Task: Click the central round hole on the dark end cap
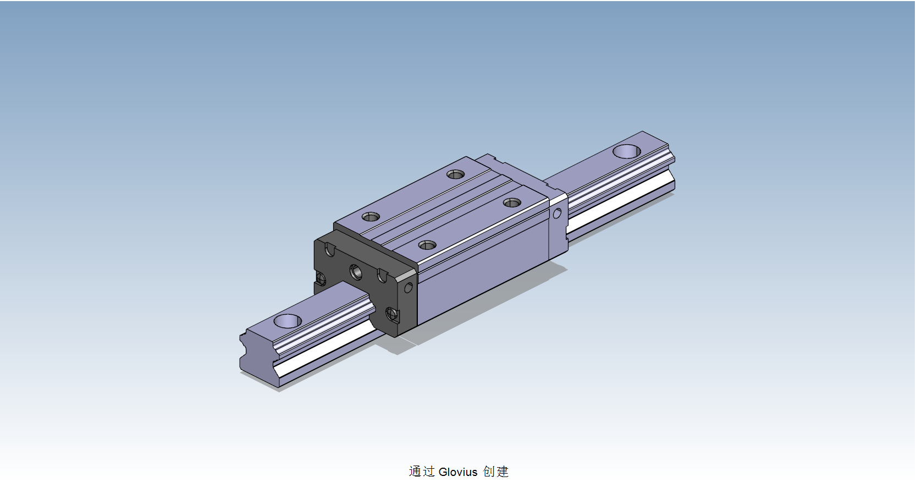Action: click(356, 271)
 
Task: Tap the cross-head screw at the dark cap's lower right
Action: click(391, 314)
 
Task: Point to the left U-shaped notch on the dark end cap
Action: click(329, 250)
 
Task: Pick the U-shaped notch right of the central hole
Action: click(382, 276)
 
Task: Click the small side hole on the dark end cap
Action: click(408, 287)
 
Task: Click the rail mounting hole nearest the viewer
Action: click(288, 320)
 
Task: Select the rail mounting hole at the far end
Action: click(627, 151)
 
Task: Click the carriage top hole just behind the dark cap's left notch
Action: click(371, 217)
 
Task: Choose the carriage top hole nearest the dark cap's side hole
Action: click(427, 245)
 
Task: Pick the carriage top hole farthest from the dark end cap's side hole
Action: click(455, 174)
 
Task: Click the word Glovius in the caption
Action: click(458, 472)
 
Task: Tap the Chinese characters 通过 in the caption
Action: click(422, 472)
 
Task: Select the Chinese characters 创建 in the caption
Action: click(496, 472)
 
